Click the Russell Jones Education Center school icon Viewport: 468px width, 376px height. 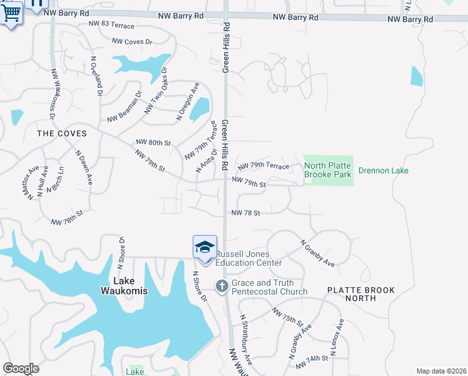pos(205,248)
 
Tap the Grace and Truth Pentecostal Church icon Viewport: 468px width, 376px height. pos(221,286)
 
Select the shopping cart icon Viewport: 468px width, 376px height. pos(11,12)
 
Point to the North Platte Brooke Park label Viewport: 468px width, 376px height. pos(328,170)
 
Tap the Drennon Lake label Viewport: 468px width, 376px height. pos(382,170)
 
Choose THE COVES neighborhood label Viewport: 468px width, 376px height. pos(62,133)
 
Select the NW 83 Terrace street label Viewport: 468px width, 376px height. pos(111,24)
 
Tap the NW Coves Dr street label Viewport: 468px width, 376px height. pos(132,41)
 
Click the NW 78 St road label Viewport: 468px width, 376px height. pos(245,213)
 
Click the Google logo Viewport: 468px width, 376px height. pos(21,368)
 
